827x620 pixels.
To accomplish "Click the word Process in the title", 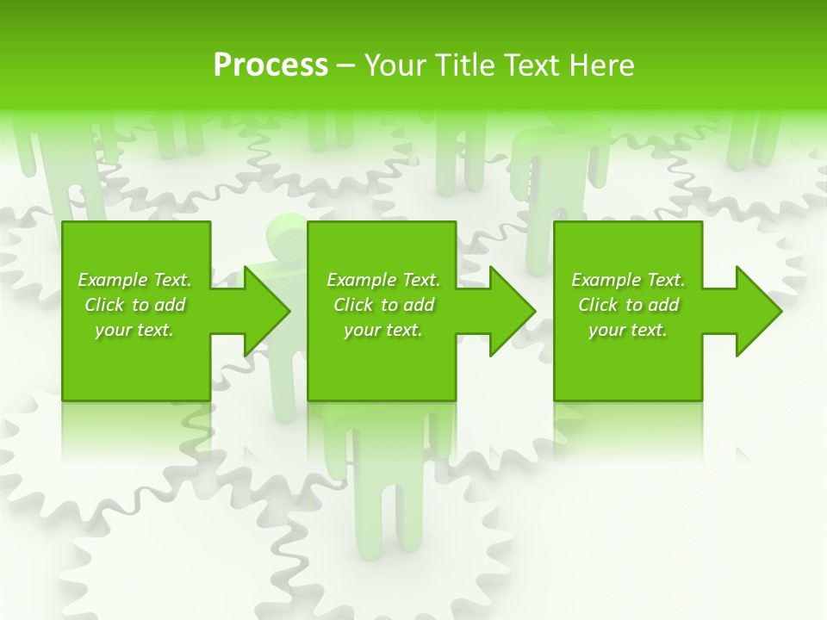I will [x=270, y=65].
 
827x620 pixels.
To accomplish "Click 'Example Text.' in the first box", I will [x=134, y=280].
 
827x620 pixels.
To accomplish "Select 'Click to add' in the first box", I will [x=135, y=305].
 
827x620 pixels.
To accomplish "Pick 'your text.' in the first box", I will [x=134, y=330].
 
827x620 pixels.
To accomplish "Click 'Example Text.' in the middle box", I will [x=383, y=280].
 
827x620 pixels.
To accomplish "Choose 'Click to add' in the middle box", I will [x=384, y=305].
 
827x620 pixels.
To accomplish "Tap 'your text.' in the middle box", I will [x=383, y=330].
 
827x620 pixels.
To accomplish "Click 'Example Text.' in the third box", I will [x=628, y=280].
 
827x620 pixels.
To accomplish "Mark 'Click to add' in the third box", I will [x=629, y=305].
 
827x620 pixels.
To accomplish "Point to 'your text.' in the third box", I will [x=628, y=330].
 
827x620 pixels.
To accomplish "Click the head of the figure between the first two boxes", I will [x=287, y=233].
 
